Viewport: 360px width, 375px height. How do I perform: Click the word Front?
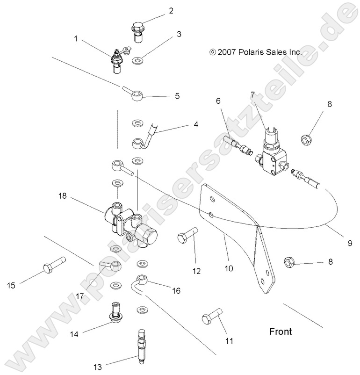click(281, 332)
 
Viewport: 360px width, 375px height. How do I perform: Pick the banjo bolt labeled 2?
click(136, 32)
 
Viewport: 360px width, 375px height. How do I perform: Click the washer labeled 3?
click(137, 60)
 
